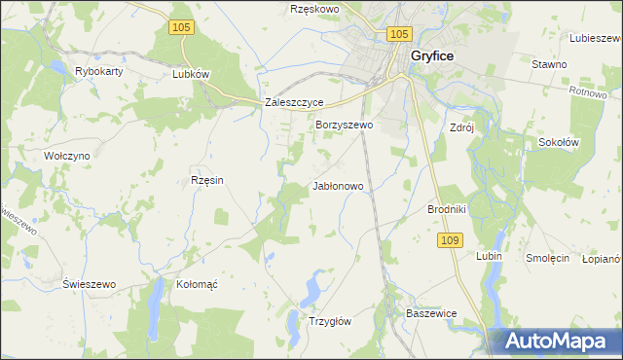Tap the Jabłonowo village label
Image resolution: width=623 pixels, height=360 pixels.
(x=338, y=185)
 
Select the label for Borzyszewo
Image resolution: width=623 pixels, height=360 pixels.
(x=345, y=126)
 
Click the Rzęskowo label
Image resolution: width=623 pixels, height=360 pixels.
(x=313, y=9)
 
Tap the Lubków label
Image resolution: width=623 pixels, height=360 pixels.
(x=191, y=73)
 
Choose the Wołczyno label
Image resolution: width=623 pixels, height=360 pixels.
(x=67, y=155)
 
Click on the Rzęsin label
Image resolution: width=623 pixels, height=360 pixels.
(x=206, y=180)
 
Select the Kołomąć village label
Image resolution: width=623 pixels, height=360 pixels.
(x=197, y=284)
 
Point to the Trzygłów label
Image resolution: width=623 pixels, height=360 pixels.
(x=329, y=320)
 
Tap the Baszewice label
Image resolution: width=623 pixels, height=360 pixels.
(x=430, y=313)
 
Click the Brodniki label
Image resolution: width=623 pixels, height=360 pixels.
(x=448, y=209)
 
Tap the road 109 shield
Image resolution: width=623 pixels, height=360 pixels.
(x=450, y=239)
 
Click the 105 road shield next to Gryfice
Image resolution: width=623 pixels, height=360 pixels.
(x=397, y=34)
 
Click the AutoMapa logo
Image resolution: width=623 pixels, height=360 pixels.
(x=557, y=342)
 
